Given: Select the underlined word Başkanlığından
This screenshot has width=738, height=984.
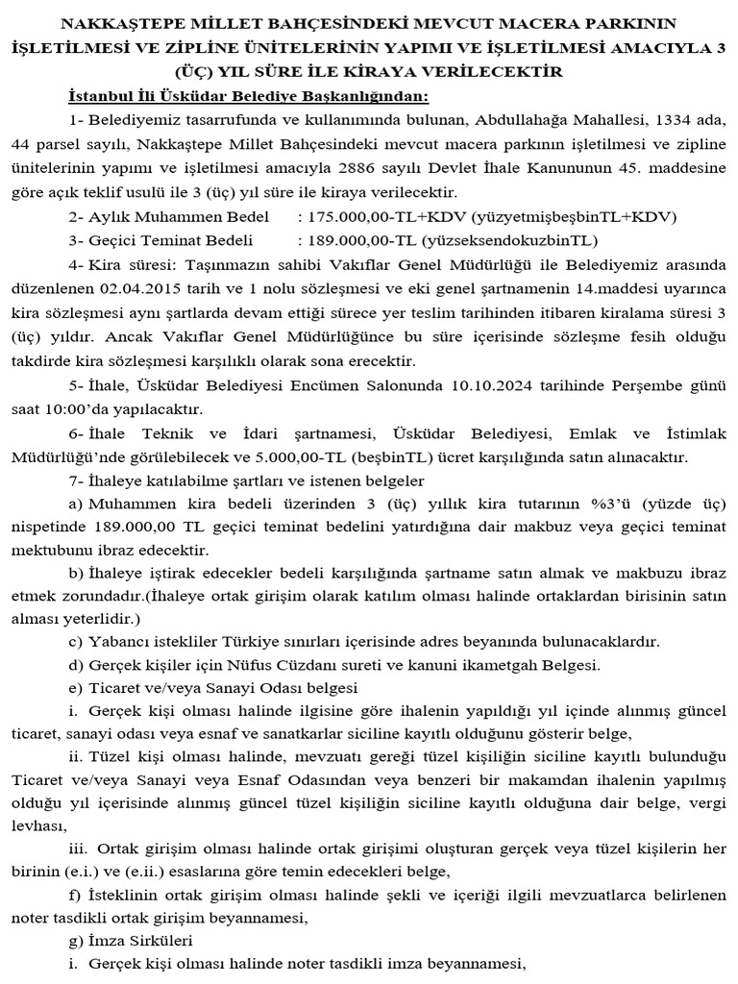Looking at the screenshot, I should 369,97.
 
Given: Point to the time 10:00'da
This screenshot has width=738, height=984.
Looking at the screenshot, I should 74,408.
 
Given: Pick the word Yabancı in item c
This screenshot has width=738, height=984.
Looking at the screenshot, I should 117,641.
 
